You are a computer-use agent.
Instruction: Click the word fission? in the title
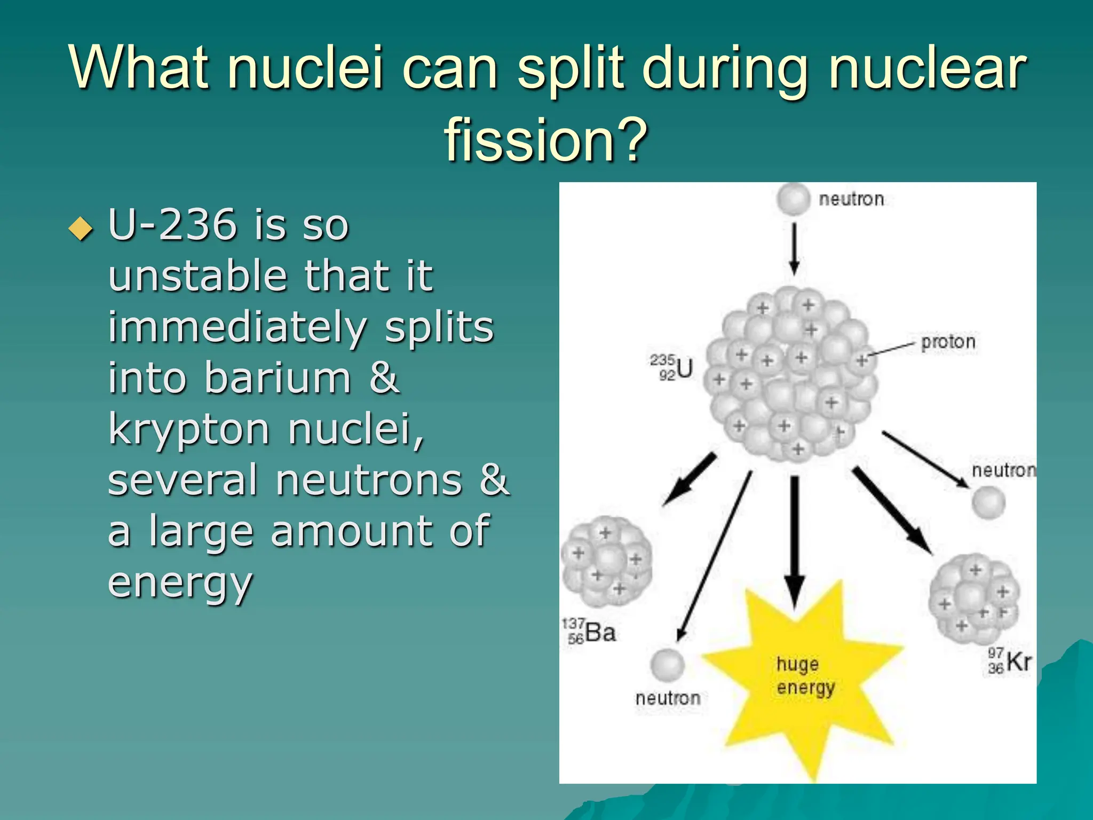coord(545,140)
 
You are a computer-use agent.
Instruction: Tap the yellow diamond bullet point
coord(81,229)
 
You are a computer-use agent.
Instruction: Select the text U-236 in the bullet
coord(172,225)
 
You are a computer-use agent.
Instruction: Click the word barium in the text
coord(278,377)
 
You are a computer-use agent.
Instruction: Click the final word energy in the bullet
coord(180,582)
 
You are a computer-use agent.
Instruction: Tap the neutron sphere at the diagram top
coord(794,199)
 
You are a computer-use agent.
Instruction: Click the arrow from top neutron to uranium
coord(794,248)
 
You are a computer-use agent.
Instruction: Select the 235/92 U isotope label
coord(671,367)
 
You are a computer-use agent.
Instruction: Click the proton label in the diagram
coord(948,342)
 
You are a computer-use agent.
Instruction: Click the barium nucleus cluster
coord(607,562)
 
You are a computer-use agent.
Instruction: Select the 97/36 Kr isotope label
coord(1009,661)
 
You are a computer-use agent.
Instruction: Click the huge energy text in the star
coord(805,675)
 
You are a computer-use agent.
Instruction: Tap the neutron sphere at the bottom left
coord(667,665)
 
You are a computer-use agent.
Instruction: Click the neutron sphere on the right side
coord(988,502)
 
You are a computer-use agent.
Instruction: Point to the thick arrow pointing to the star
coord(795,539)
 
